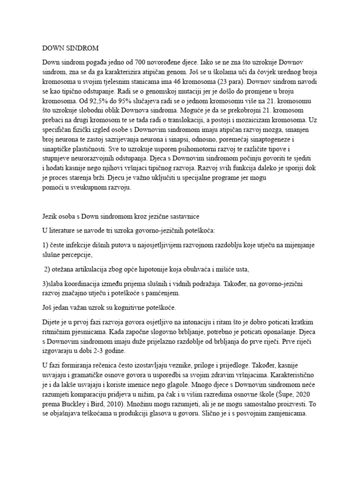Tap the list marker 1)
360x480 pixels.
point(45,247)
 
